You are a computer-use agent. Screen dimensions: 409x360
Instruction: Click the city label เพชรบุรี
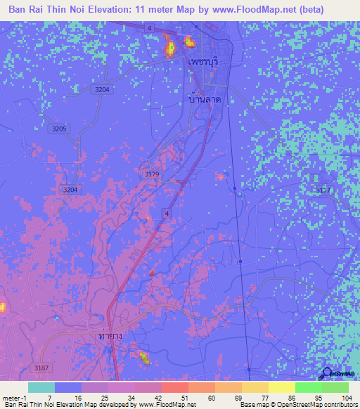coord(205,62)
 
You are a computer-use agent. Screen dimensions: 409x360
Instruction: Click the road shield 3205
coord(59,129)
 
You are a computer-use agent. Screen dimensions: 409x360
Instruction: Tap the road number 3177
coord(323,190)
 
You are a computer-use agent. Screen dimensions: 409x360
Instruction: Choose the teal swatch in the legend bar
coord(41,387)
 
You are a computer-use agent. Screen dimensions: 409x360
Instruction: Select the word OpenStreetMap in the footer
coord(295,405)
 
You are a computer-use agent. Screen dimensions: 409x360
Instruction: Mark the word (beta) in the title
coord(336,10)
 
